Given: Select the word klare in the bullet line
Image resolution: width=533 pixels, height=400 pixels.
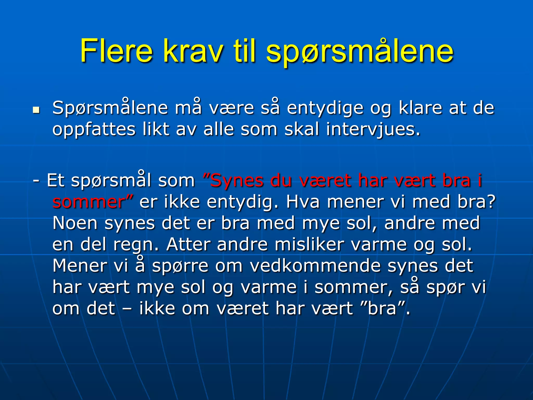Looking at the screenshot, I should click(x=420, y=108).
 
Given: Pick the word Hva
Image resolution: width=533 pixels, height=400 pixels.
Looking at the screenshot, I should click(x=303, y=202).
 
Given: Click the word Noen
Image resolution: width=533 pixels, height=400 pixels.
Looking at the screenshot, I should click(x=75, y=223).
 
